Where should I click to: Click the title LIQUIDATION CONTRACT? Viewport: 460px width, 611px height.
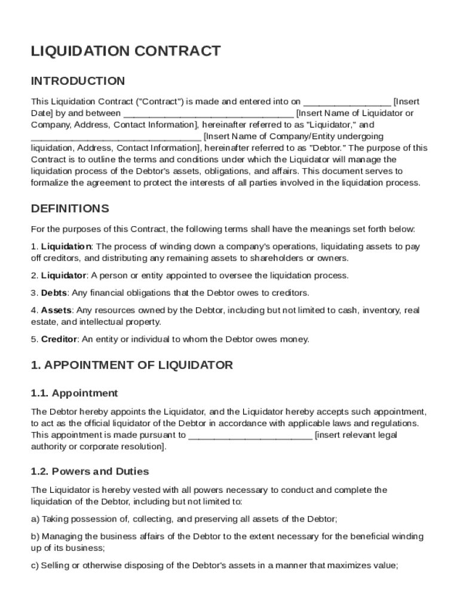125,51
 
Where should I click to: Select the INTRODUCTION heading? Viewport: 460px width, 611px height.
78,81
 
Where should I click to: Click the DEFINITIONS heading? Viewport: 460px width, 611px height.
70,209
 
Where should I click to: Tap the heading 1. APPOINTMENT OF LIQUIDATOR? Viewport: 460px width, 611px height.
131,365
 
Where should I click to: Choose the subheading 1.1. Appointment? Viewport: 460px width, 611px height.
74,393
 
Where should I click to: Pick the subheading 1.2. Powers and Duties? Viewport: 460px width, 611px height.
90,471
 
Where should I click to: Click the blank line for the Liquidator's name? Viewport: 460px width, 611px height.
208,114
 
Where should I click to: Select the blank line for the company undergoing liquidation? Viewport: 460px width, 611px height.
116,137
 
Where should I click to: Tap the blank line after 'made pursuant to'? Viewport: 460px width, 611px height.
250,436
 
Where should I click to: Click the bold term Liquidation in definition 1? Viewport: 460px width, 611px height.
66,246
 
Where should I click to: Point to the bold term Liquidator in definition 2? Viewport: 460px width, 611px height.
64,276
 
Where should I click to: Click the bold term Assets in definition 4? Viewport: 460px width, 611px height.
56,310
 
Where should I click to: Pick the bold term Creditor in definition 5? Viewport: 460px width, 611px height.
59,340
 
